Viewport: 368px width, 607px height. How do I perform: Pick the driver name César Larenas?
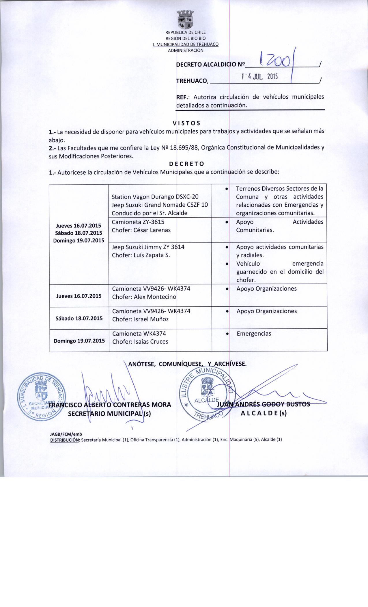point(152,230)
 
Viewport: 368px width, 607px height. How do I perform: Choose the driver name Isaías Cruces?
point(151,342)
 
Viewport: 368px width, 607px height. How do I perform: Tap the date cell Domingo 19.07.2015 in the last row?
point(79,340)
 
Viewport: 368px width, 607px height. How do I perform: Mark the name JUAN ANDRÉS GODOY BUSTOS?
point(263,404)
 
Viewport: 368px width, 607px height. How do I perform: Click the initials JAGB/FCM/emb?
point(66,434)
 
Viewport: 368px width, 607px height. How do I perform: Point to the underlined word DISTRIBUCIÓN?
point(65,440)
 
